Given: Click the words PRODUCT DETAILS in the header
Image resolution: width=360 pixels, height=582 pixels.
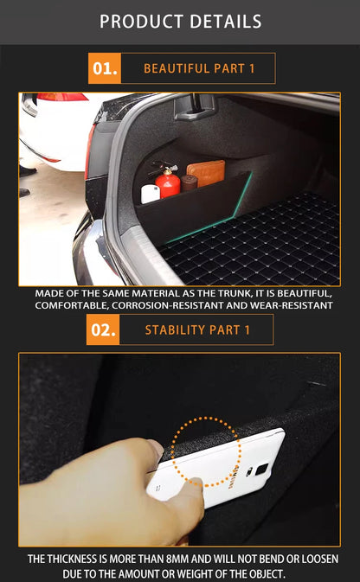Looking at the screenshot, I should (x=180, y=21).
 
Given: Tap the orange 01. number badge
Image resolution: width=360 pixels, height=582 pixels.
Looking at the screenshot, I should (x=104, y=68).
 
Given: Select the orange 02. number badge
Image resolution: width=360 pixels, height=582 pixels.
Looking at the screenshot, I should (x=103, y=329).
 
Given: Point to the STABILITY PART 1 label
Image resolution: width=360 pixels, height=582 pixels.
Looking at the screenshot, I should (x=197, y=329).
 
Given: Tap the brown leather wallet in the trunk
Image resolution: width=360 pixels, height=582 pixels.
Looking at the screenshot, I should (x=206, y=172).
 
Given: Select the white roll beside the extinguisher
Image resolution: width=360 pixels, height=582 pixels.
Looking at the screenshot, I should (x=150, y=193).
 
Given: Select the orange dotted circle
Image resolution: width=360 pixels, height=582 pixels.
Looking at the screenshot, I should (x=204, y=451).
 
